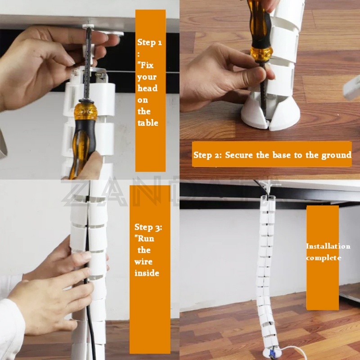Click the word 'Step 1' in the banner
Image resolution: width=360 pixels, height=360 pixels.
(x=149, y=42)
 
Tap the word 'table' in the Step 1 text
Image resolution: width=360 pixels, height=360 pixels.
(x=148, y=123)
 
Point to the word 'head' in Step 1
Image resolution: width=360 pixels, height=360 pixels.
(x=148, y=88)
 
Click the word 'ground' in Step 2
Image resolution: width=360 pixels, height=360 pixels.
(x=336, y=156)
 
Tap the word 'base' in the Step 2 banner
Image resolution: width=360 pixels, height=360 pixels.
(x=282, y=155)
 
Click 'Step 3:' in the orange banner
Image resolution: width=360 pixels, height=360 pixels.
(x=148, y=227)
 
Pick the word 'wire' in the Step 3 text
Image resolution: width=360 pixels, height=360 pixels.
(x=143, y=261)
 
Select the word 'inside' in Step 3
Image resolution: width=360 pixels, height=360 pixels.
(x=147, y=273)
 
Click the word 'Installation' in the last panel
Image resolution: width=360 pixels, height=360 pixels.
(x=328, y=246)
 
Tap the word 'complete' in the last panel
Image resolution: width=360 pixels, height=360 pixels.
(x=324, y=258)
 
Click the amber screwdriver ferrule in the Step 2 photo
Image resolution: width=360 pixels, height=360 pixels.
(x=261, y=54)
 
